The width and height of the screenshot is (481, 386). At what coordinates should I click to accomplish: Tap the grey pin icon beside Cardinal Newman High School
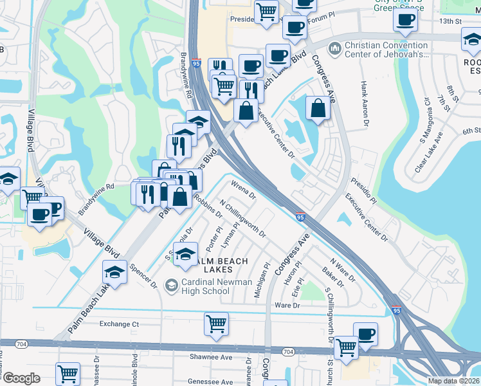(171, 284)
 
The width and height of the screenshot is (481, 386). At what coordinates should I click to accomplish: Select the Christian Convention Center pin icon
(334, 49)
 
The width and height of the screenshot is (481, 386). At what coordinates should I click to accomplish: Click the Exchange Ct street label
(119, 324)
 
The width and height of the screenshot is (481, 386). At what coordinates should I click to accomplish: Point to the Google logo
(21, 378)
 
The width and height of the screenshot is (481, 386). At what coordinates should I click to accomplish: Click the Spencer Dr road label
(143, 276)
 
